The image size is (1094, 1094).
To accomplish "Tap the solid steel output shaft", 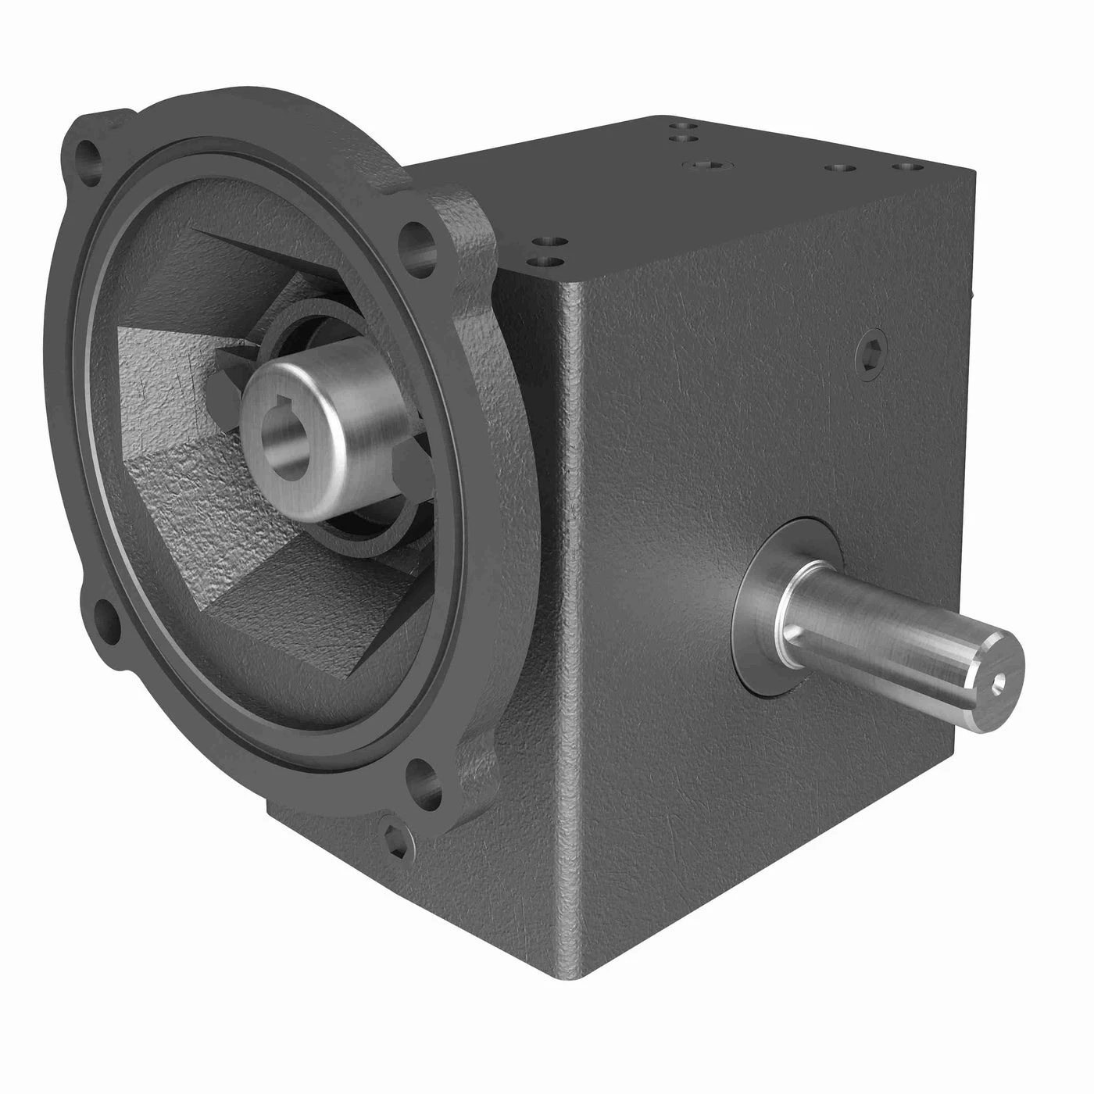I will [x=899, y=633].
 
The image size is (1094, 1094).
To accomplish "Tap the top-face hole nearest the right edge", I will [x=906, y=166].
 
